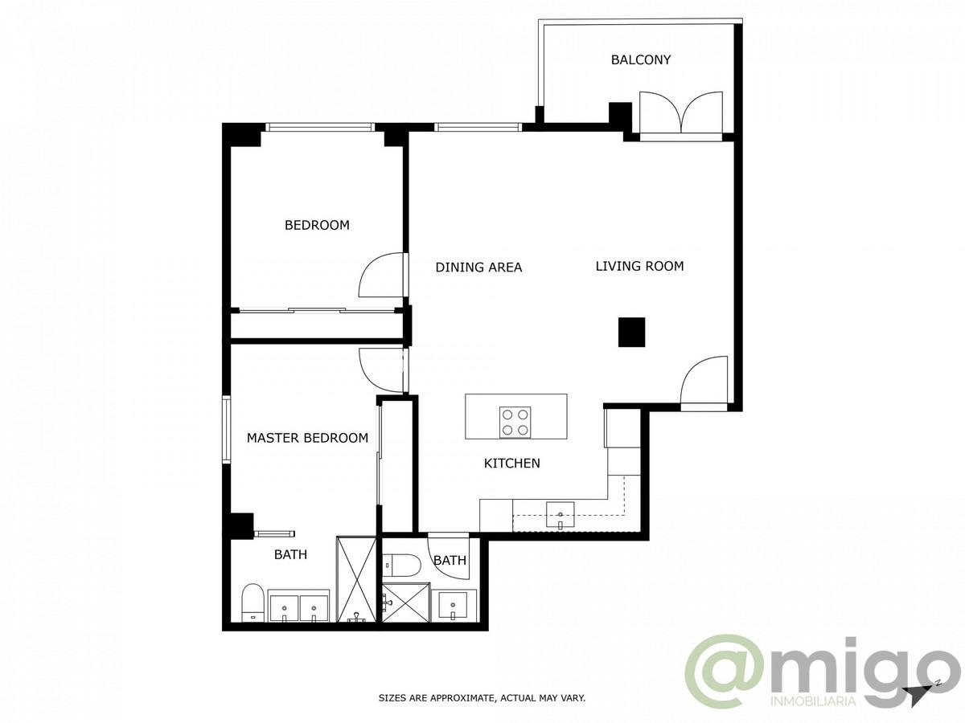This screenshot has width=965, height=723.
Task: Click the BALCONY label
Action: click(640, 59)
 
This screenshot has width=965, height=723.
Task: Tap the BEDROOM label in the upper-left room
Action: click(317, 225)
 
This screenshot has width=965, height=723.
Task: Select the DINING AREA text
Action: click(478, 267)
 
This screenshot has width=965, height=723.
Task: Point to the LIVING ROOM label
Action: click(639, 266)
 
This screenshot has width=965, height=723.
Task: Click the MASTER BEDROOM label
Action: click(307, 438)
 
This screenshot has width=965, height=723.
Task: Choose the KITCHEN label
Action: click(511, 463)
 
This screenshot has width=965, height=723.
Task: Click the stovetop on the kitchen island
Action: click(515, 422)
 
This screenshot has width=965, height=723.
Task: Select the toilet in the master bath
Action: click(253, 602)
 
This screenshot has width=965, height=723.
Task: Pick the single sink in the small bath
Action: click(454, 604)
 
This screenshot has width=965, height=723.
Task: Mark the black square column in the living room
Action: click(631, 332)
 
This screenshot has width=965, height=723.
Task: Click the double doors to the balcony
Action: click(680, 112)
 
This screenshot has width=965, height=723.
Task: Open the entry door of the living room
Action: click(704, 383)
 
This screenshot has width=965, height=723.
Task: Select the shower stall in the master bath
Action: click(355, 578)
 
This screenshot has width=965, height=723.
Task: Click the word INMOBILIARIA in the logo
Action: click(812, 701)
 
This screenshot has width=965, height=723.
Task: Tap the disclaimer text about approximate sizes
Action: click(482, 698)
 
